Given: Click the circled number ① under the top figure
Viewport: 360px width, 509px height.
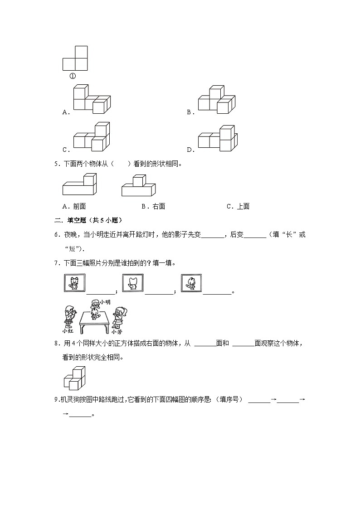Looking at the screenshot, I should coord(73,76).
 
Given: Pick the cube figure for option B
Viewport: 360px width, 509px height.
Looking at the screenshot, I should coord(216,100).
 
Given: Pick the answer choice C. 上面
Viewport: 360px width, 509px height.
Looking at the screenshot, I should coord(238,206).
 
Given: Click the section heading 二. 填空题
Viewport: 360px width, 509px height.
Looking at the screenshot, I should coord(87,220).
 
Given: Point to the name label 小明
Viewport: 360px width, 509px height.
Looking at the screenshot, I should coord(105,302).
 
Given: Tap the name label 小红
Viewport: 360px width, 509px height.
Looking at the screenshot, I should coord(68,330).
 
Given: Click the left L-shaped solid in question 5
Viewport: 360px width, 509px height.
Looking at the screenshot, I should coord(79,185).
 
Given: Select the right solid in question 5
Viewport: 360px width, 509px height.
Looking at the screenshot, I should coord(138,185).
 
